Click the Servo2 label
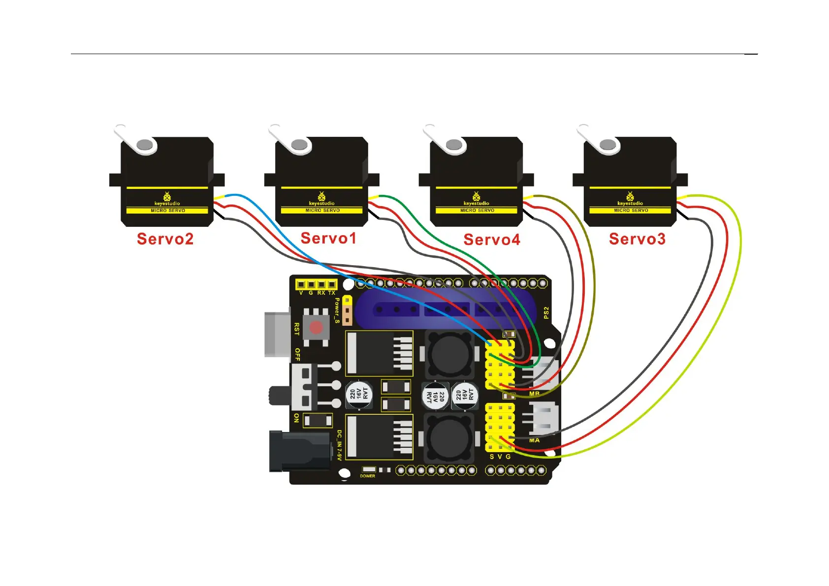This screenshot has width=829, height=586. (x=165, y=239)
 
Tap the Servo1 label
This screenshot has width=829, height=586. (x=328, y=239)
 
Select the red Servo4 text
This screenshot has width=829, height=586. (x=491, y=240)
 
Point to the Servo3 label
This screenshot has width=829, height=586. (x=637, y=239)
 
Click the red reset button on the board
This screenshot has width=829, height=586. (x=316, y=327)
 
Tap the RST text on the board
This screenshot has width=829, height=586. (x=297, y=329)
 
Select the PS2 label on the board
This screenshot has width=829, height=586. (x=546, y=313)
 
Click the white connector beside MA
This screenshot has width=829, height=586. (x=543, y=418)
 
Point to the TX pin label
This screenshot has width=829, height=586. (x=332, y=293)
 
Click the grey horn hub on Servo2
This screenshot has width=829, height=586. (x=145, y=145)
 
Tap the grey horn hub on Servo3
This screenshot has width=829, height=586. (x=608, y=145)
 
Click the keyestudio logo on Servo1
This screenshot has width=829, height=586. (x=321, y=199)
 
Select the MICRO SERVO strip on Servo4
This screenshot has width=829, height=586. (x=477, y=211)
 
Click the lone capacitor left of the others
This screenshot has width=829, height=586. (x=359, y=395)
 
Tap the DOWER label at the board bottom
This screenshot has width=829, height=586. (x=367, y=476)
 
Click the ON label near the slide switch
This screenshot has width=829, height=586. (x=296, y=418)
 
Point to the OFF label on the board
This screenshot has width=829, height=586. (x=297, y=354)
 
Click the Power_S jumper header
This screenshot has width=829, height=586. (x=347, y=311)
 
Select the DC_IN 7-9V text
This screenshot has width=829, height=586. (x=339, y=445)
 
